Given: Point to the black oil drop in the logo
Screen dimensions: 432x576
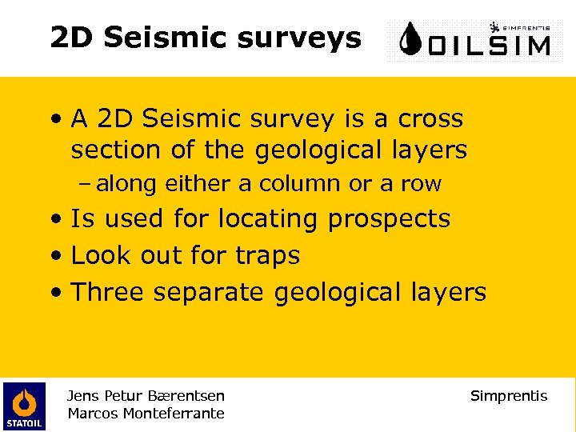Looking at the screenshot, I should coord(412,38).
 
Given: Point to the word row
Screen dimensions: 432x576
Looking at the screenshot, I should coord(421,185).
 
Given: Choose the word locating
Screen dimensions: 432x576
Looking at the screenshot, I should coord(267,218).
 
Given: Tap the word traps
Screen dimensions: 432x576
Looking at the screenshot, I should coord(268,255).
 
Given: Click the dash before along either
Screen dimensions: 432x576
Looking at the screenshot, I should coord(87,184).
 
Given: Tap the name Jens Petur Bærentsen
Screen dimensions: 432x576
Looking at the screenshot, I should coord(146,395).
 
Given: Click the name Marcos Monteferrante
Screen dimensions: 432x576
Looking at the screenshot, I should coord(146,413).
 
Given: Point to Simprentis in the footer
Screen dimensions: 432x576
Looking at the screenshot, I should coord(509,395).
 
